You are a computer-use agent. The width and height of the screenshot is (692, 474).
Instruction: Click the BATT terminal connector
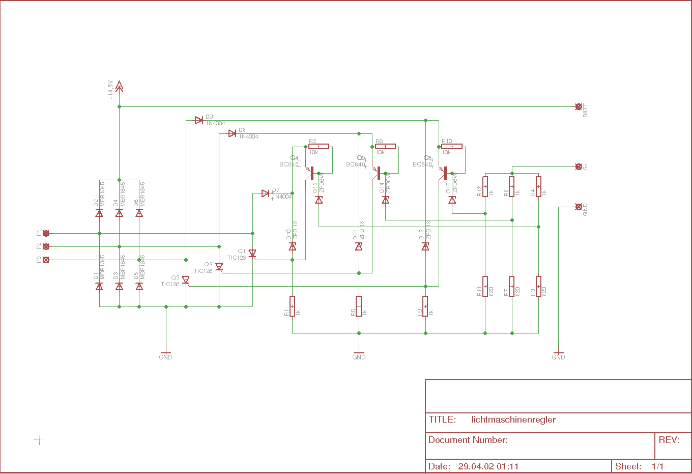tap(579, 107)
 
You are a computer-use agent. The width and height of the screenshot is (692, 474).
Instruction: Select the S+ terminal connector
tap(579, 166)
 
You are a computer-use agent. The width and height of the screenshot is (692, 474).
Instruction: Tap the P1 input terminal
tap(46, 233)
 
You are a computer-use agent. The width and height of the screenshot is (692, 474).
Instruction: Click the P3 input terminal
tap(46, 260)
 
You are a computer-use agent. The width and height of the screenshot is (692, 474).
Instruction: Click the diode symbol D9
tap(199, 120)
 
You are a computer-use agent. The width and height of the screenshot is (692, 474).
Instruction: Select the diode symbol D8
tap(232, 133)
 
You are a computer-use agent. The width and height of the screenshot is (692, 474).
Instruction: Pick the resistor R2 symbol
tap(319, 147)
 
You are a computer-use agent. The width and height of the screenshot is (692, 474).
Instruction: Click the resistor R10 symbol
tap(452, 147)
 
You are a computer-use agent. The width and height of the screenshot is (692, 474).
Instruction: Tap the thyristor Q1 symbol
tap(252, 254)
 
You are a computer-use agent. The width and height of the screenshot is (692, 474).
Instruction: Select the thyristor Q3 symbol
tap(186, 280)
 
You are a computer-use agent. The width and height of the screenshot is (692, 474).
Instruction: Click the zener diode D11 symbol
tap(359, 246)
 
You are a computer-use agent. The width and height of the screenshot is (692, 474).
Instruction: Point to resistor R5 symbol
tap(359, 306)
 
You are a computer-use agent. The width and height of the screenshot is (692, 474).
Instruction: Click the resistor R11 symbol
tap(485, 286)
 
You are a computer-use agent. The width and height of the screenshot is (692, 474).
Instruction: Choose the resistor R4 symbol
tap(538, 186)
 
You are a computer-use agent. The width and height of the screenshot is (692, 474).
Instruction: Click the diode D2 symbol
tap(99, 213)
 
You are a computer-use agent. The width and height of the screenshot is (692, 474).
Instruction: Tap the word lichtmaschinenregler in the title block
tap(513, 420)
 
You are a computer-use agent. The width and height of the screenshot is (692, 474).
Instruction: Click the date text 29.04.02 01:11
tap(488, 466)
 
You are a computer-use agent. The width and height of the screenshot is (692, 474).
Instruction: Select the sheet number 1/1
tap(657, 466)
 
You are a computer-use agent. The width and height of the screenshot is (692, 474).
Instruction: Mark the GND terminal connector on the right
tap(579, 207)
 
